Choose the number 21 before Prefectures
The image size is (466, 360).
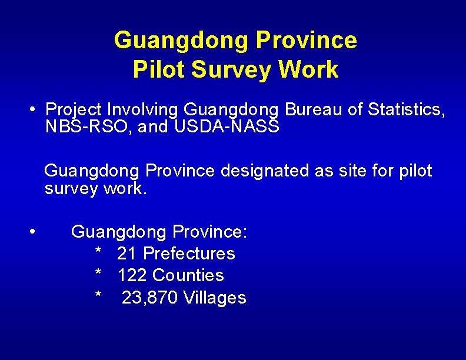[127, 254]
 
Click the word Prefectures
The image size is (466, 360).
[189, 254]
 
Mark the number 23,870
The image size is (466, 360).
[150, 298]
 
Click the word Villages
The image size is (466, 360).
[215, 298]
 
